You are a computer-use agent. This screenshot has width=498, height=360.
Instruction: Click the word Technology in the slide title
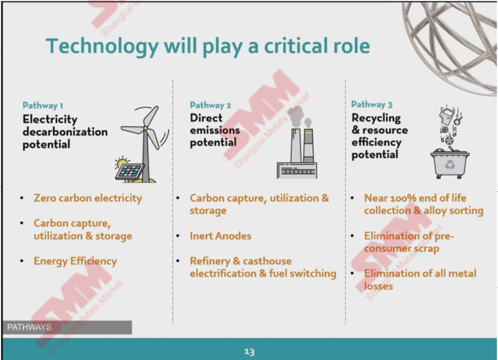coord(102,47)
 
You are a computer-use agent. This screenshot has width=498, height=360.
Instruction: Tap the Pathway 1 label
coord(42,105)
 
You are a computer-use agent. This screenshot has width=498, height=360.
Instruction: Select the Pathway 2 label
coord(210,105)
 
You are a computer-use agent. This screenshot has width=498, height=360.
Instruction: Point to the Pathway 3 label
coord(372,105)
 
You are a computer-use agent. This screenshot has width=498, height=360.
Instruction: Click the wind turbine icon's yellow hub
coord(146,128)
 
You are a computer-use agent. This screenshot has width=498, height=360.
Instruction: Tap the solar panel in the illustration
coord(130,171)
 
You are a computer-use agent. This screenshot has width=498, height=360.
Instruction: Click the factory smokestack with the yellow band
coord(308,146)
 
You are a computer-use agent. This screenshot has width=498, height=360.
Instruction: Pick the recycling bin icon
coord(449,164)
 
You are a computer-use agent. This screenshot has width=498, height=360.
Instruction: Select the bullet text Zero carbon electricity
coord(88,198)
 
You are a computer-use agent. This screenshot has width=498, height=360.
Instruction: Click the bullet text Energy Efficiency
coord(75,261)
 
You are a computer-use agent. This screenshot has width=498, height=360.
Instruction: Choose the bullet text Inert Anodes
coord(220,236)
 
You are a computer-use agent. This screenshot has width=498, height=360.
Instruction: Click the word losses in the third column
coord(378,287)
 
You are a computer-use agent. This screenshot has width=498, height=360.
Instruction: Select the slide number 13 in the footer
coord(250,352)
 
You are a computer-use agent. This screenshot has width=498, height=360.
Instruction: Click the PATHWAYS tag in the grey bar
coord(29,327)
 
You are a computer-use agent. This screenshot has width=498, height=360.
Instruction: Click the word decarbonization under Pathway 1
coord(65,132)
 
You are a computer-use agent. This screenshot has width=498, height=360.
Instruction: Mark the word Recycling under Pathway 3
coord(376,118)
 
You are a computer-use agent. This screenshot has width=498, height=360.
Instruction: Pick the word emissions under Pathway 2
coord(215,130)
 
